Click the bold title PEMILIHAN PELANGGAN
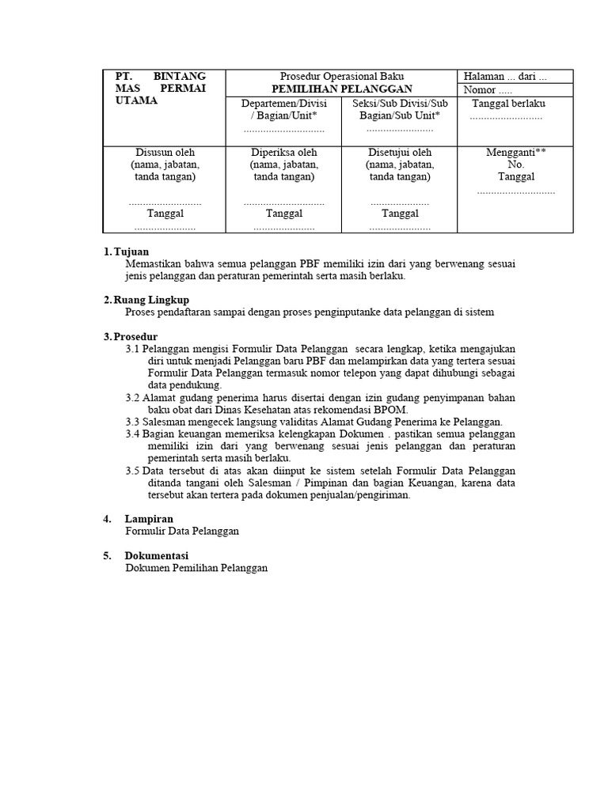click(x=342, y=89)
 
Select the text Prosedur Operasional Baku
click(x=342, y=77)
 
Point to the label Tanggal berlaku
click(x=508, y=104)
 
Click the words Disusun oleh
click(x=165, y=152)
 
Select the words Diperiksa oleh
click(x=283, y=152)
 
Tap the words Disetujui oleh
click(x=400, y=152)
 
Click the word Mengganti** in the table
click(x=515, y=152)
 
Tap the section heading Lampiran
click(x=149, y=519)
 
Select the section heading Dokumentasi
click(x=156, y=555)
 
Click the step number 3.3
click(x=132, y=422)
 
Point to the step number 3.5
click(x=132, y=471)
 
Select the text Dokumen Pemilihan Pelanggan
click(x=196, y=568)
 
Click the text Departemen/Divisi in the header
click(x=283, y=104)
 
